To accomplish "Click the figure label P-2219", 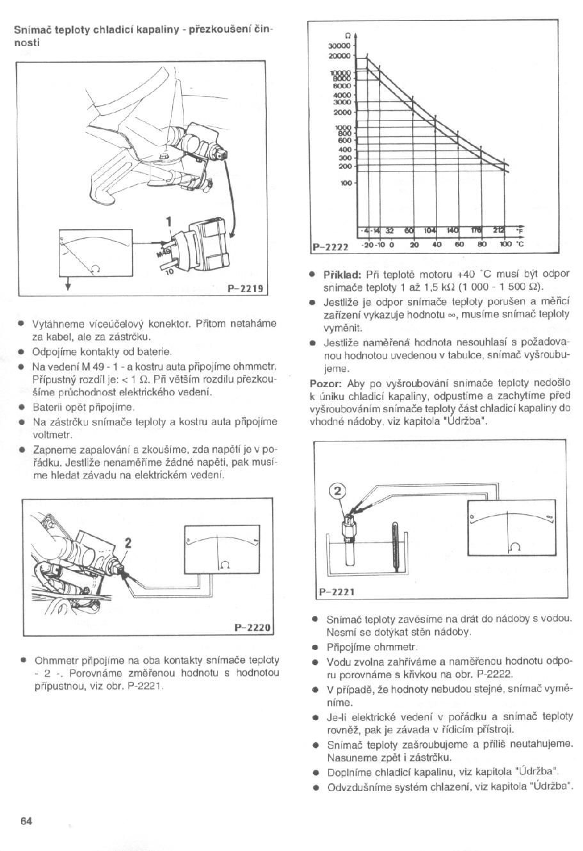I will [247, 288].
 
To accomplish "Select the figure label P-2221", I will [336, 591].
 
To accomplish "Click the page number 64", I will [26, 821].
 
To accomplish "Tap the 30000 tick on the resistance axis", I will [339, 47].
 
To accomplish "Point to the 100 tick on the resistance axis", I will [345, 182].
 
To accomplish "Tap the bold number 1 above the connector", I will [170, 222].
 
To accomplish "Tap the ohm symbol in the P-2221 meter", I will [515, 545].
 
